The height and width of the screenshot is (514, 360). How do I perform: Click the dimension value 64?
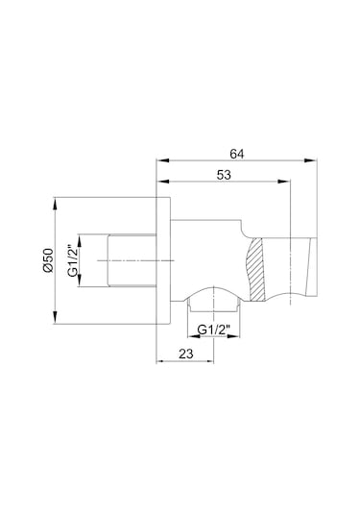coord(236,154)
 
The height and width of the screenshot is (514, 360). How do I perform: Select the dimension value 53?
coord(224,175)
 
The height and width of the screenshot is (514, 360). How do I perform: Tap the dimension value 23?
coord(186,354)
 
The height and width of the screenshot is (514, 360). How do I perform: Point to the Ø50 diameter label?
coord(48,260)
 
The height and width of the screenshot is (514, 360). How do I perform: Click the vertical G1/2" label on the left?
coord(73,260)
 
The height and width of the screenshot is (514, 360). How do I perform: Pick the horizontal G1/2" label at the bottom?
coord(214,330)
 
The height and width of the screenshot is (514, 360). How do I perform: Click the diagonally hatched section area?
coord(256,269)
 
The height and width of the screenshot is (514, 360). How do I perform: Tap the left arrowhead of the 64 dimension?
coord(163,160)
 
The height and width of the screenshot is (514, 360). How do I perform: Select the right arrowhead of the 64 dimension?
coord(310,160)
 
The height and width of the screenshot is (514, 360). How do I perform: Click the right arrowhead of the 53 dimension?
coord(283,182)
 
